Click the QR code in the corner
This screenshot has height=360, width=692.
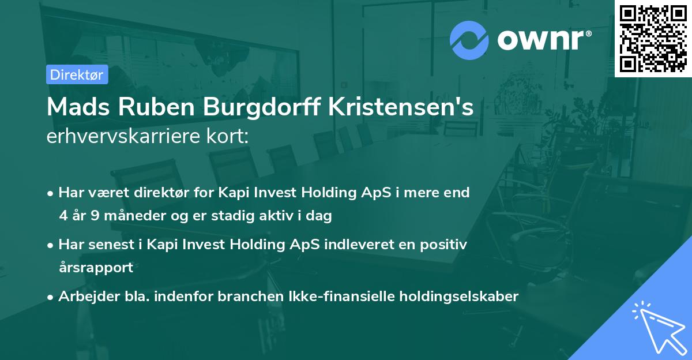(653, 38)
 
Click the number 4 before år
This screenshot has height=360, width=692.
(63, 216)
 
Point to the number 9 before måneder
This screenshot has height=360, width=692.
(95, 216)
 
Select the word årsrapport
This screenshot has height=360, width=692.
(96, 268)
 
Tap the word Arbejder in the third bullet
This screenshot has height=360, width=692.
(84, 297)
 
